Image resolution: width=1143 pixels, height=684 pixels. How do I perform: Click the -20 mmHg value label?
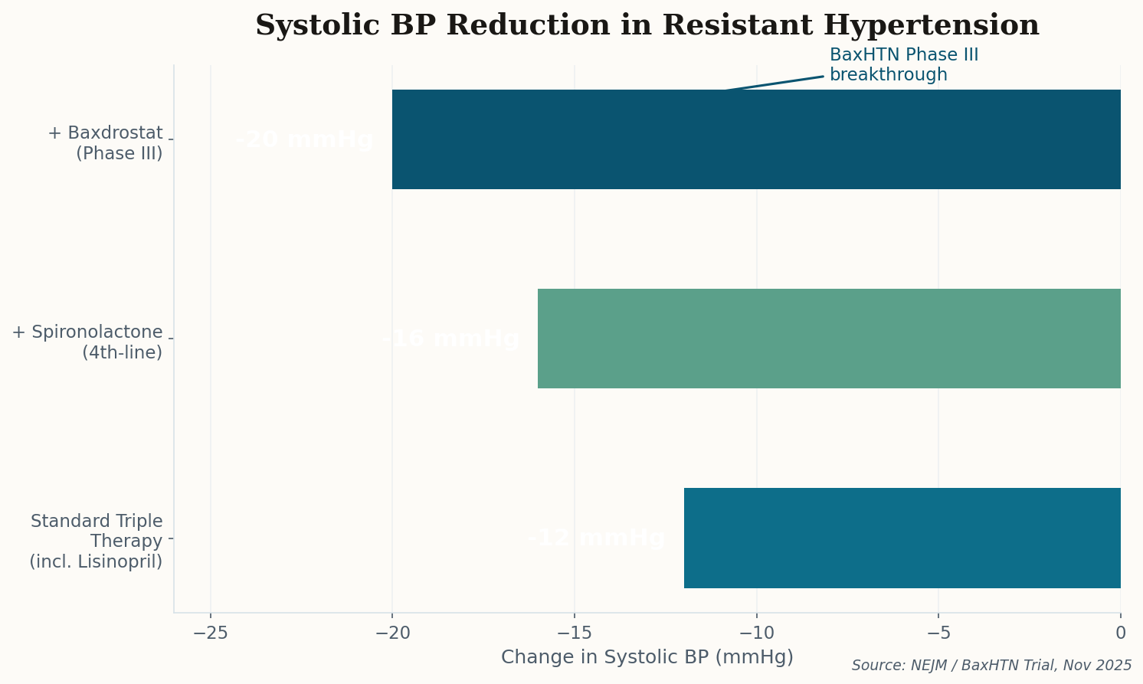[304, 140]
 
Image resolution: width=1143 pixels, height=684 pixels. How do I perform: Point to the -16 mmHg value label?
[450, 339]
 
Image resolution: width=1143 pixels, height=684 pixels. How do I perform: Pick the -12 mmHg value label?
[596, 538]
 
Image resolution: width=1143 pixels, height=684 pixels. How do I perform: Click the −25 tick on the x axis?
[211, 633]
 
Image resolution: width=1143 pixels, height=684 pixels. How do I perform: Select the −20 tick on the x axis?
[392, 633]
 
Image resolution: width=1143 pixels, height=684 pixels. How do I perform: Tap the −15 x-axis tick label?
[575, 633]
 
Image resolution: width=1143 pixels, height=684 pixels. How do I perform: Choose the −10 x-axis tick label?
[756, 633]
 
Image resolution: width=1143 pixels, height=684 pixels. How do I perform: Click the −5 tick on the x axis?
[938, 633]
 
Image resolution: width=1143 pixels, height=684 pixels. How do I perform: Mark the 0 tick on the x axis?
[1120, 633]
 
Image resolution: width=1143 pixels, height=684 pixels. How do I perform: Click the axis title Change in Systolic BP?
[647, 657]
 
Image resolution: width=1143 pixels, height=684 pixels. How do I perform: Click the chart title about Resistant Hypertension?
[647, 25]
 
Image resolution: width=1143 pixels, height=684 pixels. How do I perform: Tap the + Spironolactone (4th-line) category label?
[87, 342]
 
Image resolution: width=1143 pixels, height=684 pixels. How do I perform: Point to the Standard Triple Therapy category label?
[97, 542]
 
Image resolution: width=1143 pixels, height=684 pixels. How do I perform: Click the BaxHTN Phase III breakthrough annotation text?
[903, 65]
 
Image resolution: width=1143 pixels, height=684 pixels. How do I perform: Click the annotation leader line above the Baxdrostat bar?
[774, 83]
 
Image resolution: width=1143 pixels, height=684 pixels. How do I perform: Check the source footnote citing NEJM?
[991, 666]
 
